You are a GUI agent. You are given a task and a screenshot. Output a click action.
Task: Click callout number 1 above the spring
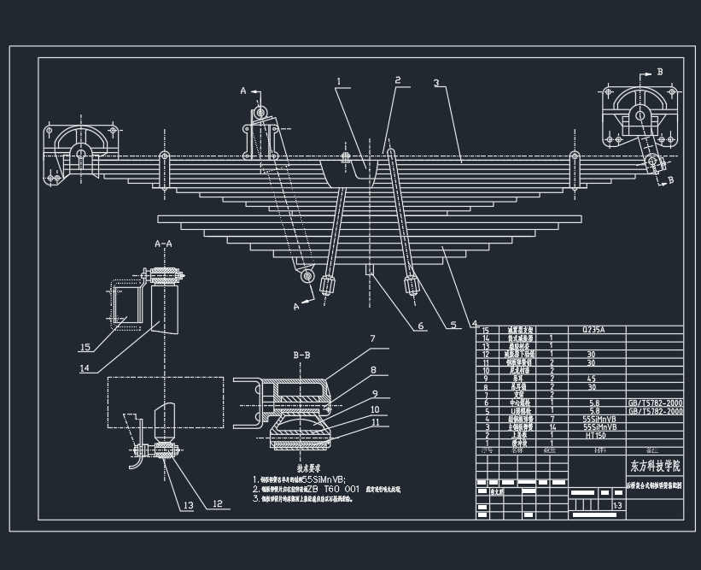(x=339, y=83)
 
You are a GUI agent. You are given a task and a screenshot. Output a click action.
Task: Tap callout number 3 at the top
(x=436, y=84)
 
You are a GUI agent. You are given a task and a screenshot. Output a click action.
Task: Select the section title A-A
(x=163, y=244)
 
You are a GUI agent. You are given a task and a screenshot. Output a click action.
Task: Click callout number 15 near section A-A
(x=85, y=348)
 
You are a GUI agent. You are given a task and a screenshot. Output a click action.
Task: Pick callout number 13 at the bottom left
(x=187, y=506)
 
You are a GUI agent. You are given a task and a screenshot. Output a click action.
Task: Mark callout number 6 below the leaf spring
(x=420, y=326)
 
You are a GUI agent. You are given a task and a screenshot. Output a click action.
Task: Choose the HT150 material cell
(x=595, y=435)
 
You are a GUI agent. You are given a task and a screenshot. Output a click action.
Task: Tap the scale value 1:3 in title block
(x=616, y=506)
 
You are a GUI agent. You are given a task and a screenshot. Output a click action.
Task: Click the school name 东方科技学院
(x=656, y=467)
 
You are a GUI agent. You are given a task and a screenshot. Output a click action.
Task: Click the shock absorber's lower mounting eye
(x=306, y=276)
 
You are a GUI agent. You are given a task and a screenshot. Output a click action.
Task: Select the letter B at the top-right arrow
(x=659, y=73)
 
